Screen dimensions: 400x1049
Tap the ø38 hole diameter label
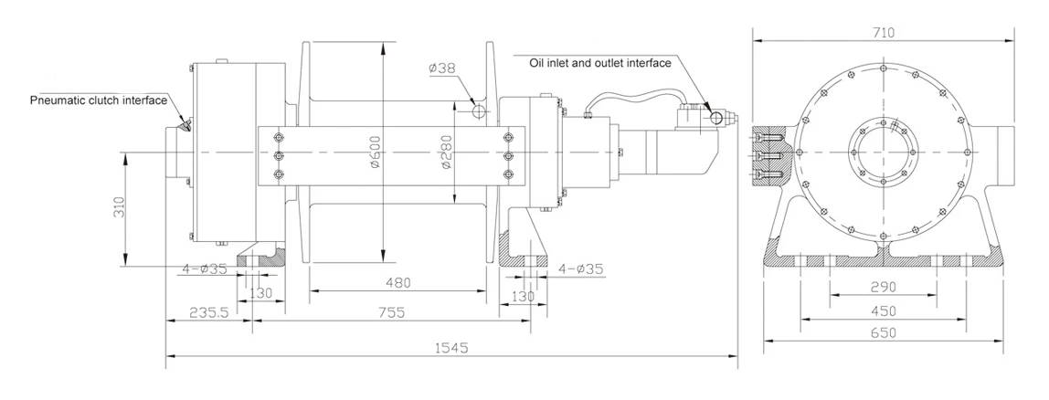[443, 68]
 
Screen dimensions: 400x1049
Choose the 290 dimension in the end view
[883, 288]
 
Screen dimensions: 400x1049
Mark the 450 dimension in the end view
[883, 309]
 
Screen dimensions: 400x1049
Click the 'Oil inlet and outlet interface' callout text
[600, 63]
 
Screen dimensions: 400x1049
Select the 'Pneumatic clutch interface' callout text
[99, 100]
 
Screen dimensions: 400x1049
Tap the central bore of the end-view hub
[883, 151]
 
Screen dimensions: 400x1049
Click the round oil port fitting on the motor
[725, 117]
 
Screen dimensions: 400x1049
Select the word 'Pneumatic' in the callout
[57, 100]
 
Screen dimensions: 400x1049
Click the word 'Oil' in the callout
[538, 63]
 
